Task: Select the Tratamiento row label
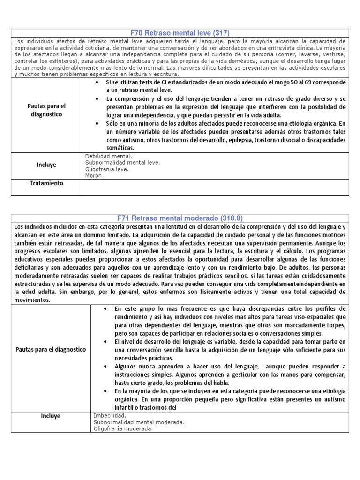pyautogui.click(x=47, y=183)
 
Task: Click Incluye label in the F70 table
pyautogui.click(x=47, y=165)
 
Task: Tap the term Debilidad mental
pyautogui.click(x=109, y=156)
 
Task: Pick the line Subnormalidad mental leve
pyautogui.click(x=122, y=162)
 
